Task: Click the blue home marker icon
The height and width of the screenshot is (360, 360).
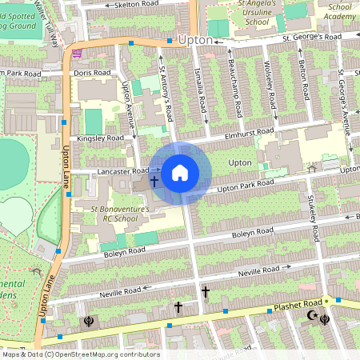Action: [180, 172]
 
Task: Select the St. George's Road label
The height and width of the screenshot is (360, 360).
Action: [309, 37]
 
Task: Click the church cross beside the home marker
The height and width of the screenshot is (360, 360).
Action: [154, 182]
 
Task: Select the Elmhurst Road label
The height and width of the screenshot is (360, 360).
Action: [250, 132]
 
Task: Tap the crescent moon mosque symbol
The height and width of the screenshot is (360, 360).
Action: [312, 318]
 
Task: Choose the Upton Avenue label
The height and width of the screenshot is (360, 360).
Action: [126, 99]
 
